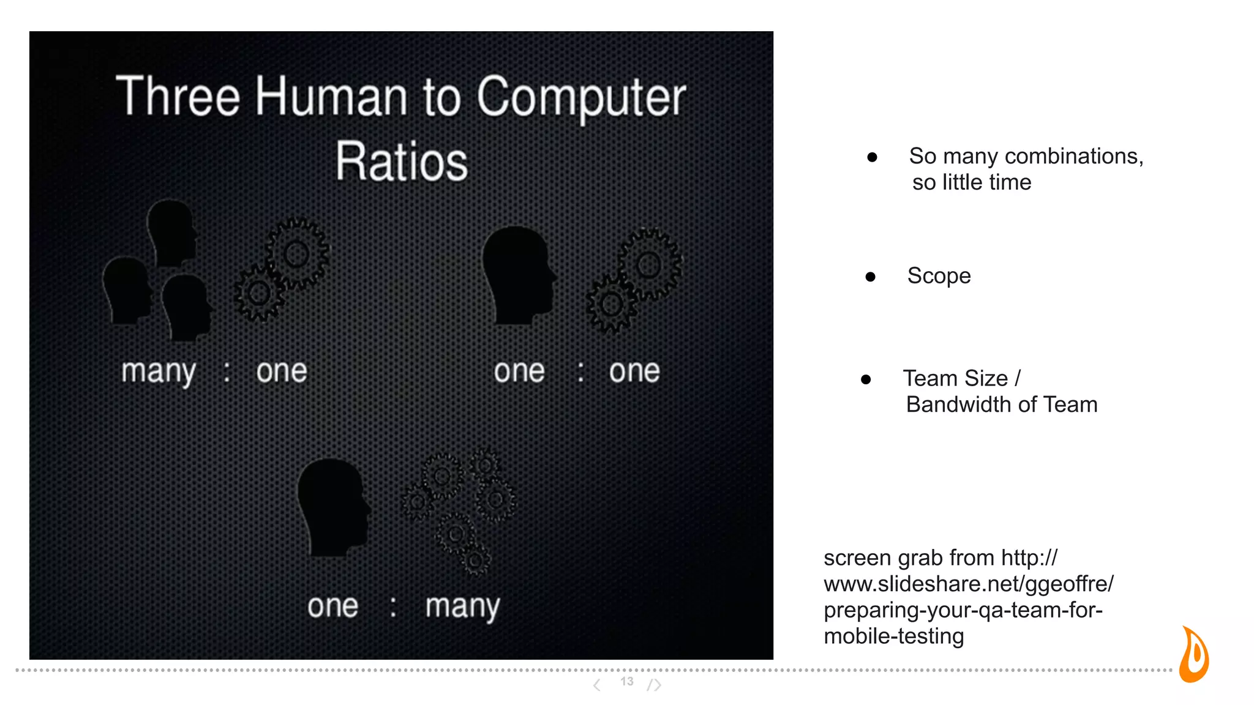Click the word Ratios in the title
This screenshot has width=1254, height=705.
pos(402,162)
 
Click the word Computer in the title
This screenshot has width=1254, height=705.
pos(581,97)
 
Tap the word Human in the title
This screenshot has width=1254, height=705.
pos(331,97)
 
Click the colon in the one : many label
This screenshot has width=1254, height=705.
pos(393,607)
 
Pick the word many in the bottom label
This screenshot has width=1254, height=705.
pos(462,607)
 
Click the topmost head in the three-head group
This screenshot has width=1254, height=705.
pos(172,233)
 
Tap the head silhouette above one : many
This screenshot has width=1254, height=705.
pos(333,505)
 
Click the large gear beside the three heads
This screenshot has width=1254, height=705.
pos(297,254)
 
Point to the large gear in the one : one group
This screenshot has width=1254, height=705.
pos(649,264)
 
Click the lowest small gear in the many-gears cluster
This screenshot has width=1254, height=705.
pos(475,559)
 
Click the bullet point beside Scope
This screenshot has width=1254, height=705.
pos(870,277)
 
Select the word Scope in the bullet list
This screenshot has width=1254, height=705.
pos(939,276)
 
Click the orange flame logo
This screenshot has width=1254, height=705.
pos(1194,655)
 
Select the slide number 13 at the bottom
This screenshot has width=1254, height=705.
pos(626,681)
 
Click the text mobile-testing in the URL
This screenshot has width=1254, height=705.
pos(893,636)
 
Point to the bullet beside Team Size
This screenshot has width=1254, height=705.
pos(866,379)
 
